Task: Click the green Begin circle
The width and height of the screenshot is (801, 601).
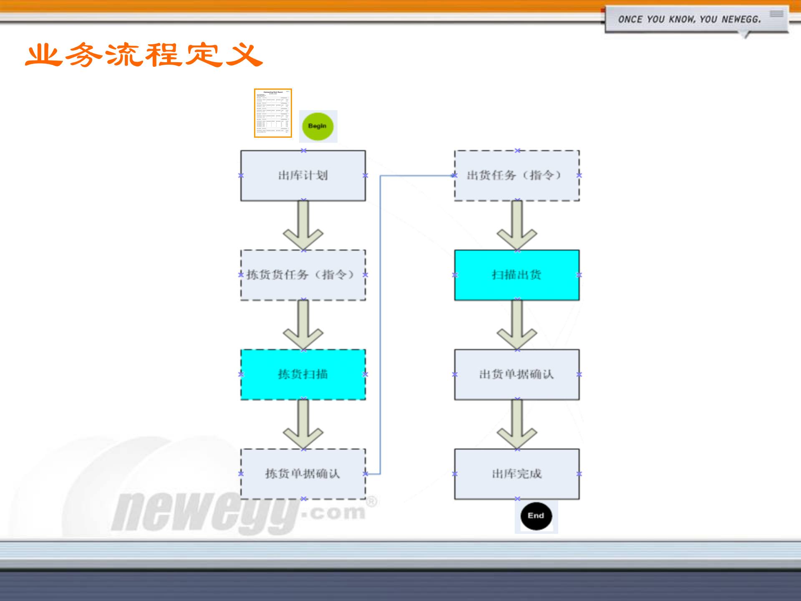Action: (317, 126)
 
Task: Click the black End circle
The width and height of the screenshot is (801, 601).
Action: (536, 516)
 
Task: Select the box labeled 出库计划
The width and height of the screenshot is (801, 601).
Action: (303, 176)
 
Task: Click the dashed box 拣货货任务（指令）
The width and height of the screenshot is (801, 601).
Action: (303, 275)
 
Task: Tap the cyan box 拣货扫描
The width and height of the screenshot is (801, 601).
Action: (303, 374)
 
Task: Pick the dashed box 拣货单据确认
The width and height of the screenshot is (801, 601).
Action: (303, 474)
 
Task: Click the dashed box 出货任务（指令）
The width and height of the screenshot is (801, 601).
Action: (516, 176)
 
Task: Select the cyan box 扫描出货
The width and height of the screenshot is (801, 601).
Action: (516, 275)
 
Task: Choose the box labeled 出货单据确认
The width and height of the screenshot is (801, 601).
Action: (516, 374)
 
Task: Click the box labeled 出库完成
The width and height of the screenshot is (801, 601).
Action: (516, 474)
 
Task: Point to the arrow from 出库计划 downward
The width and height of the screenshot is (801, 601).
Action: (303, 225)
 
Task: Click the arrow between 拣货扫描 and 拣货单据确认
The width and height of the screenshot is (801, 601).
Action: (303, 424)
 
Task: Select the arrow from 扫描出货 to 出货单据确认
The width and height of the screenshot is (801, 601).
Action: (517, 325)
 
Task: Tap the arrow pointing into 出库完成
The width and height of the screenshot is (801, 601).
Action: (517, 424)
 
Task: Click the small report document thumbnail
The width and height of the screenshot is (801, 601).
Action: (273, 113)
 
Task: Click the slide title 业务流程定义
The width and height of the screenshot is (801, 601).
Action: (144, 55)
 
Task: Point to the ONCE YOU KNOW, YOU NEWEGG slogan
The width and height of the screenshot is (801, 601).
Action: (689, 20)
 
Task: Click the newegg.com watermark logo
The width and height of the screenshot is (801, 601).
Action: (238, 511)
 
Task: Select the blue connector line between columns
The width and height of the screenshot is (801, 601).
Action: (380, 326)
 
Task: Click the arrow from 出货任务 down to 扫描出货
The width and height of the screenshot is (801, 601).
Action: (517, 225)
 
